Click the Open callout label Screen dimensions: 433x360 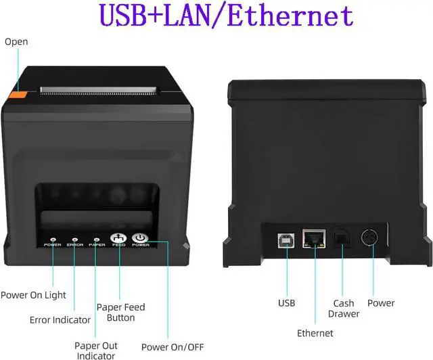pos(16,42)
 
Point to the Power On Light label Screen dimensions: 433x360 pos(33,295)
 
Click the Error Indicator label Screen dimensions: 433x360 pos(60,319)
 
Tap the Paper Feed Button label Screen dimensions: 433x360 pos(121,313)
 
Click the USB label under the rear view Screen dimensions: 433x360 pos(287,303)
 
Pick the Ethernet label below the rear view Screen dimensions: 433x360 pos(315,333)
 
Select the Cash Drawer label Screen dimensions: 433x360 pos(344,309)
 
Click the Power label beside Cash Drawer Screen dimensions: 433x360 pos(381,303)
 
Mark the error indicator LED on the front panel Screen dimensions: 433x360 pos(74,239)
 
